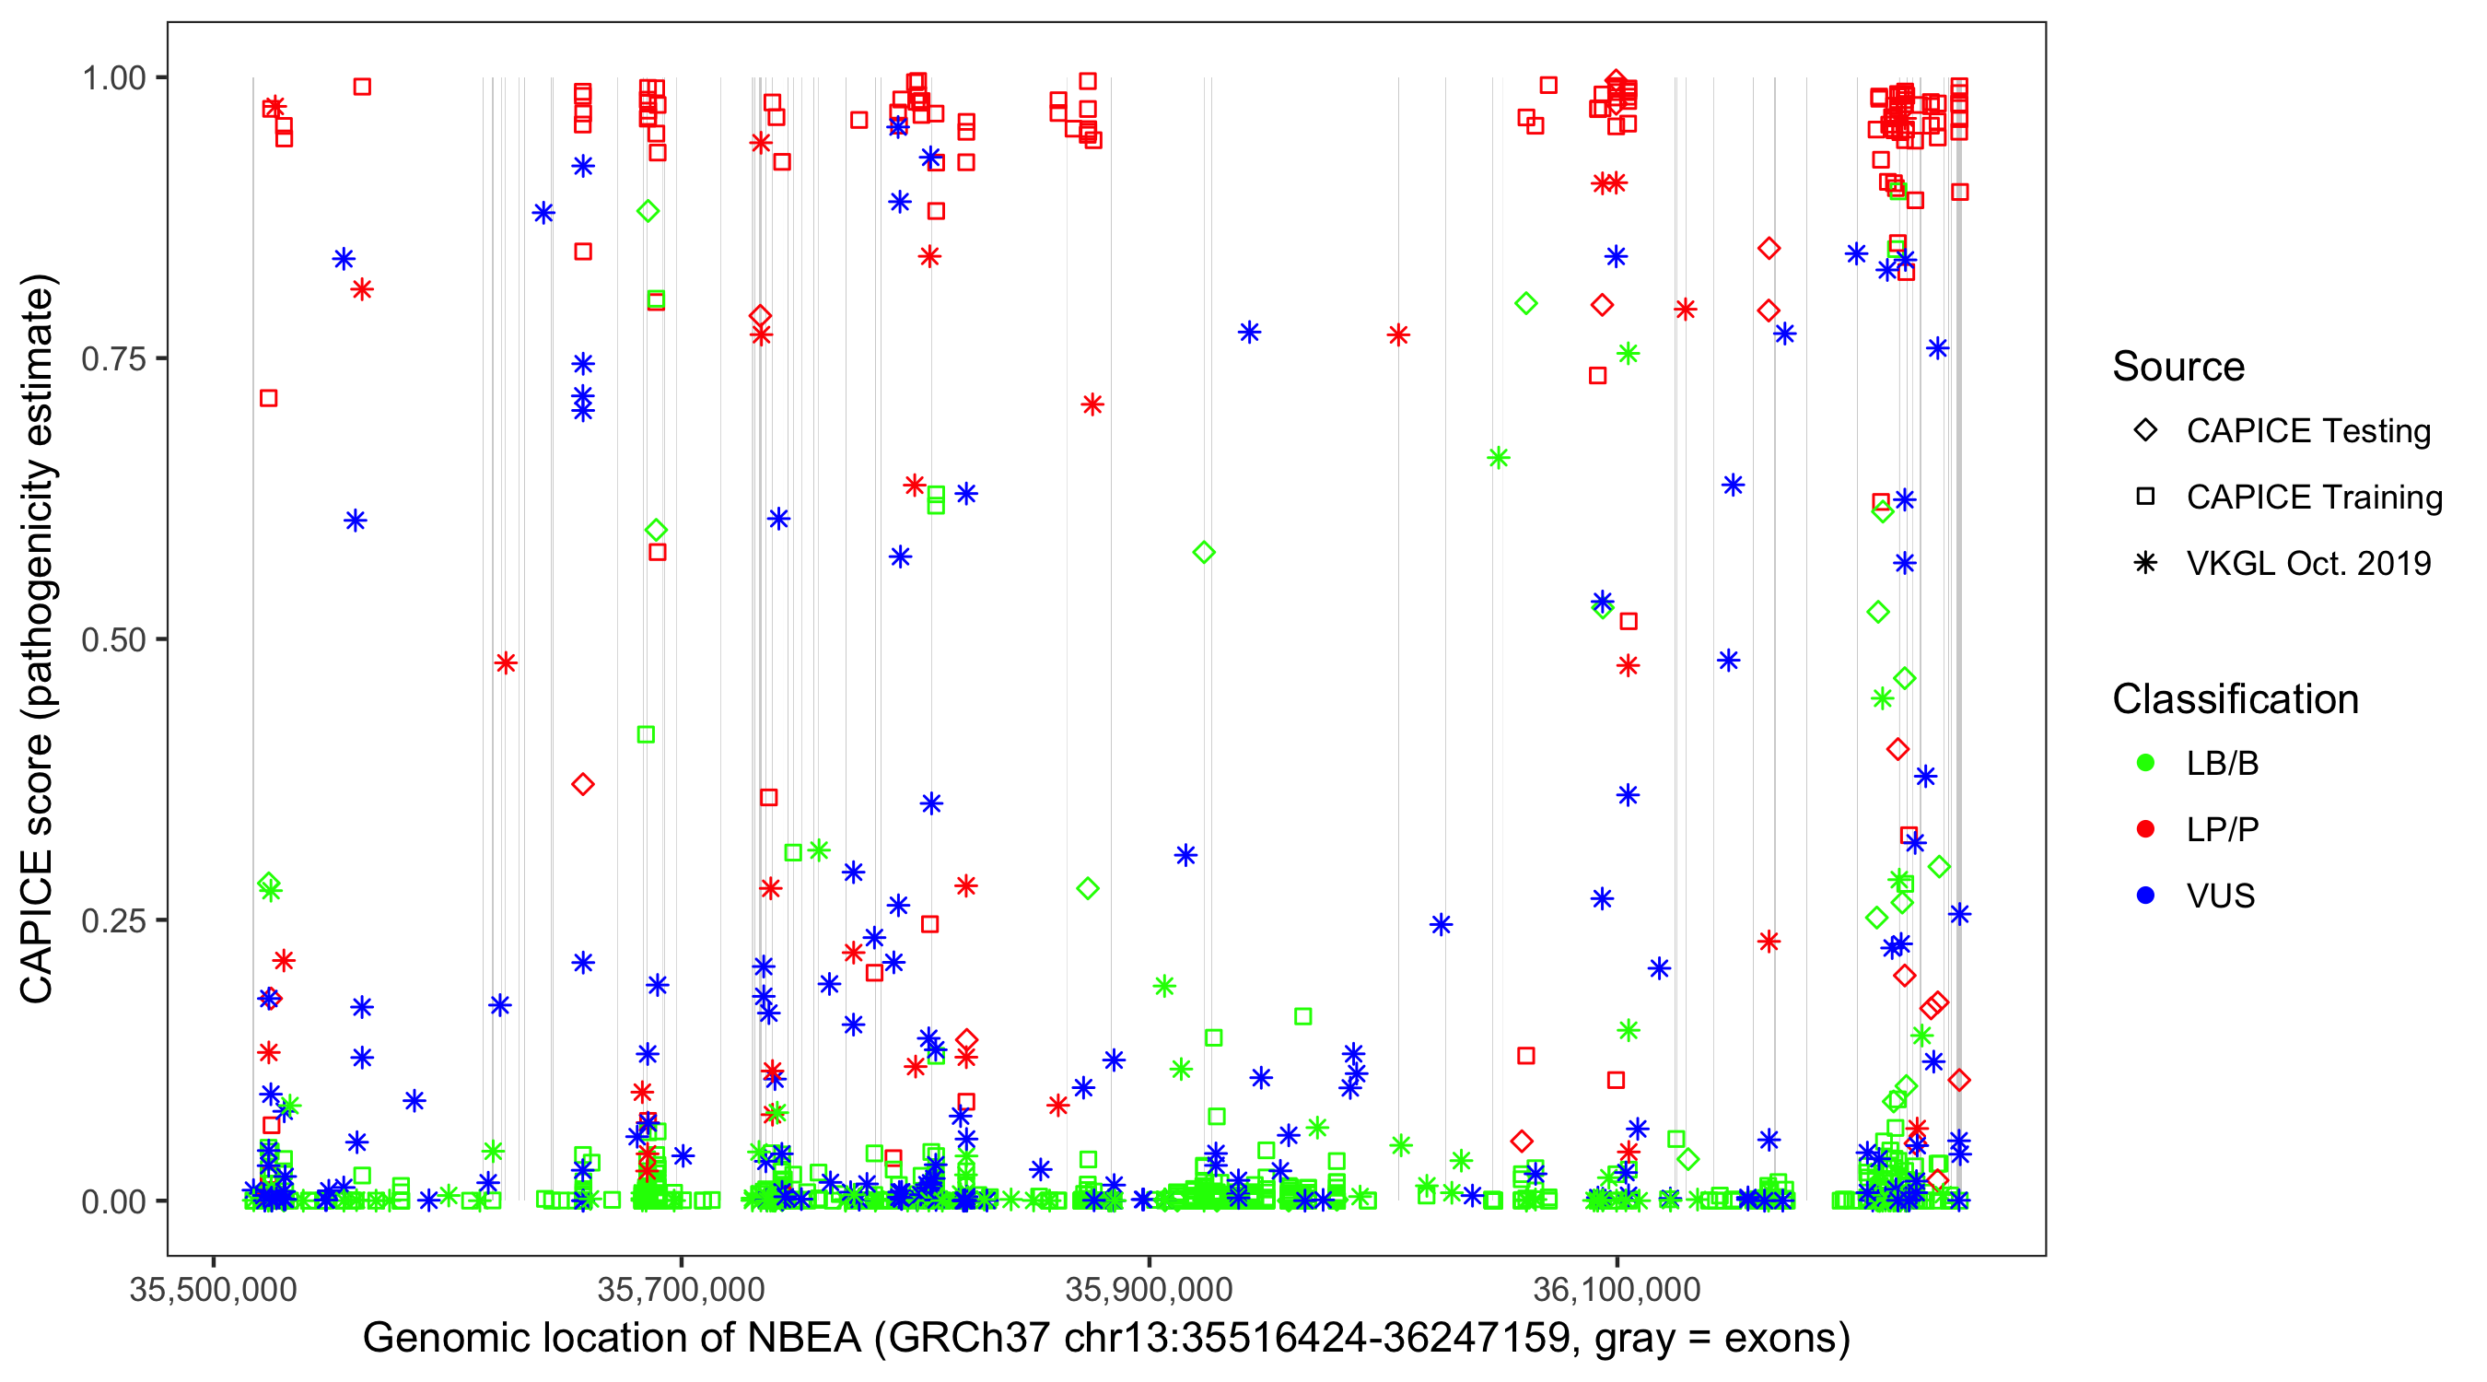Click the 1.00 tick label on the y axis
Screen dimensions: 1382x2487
point(113,78)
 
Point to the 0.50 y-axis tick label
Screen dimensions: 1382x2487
point(113,639)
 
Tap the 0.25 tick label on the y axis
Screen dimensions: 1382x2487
point(113,920)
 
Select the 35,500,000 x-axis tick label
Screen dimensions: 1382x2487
point(214,1289)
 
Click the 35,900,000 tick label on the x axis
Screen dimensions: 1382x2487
point(1149,1289)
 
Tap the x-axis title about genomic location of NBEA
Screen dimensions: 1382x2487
point(1106,1339)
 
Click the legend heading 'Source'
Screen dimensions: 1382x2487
point(2178,367)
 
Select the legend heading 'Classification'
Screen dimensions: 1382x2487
point(2235,699)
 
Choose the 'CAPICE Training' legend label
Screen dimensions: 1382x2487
point(2314,498)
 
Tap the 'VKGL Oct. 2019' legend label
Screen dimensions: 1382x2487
point(2308,563)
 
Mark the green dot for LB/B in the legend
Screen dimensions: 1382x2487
point(2145,763)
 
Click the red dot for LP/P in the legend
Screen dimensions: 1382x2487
point(2145,829)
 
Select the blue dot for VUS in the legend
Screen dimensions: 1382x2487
point(2145,896)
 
